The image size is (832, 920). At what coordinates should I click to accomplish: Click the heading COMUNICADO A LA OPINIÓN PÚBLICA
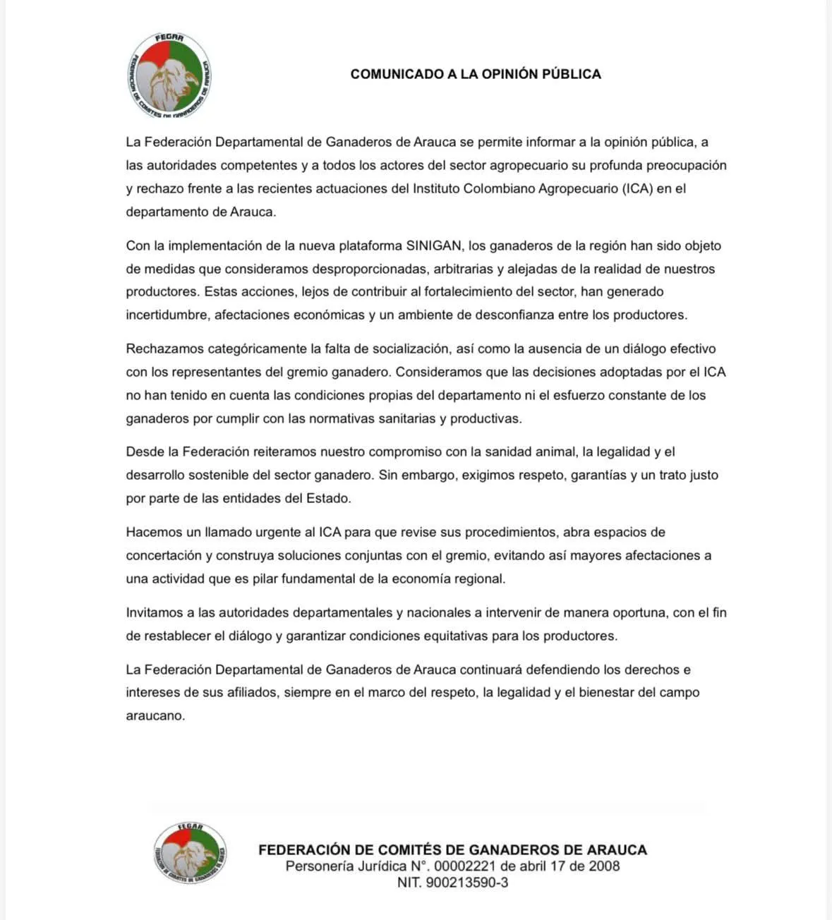tap(476, 74)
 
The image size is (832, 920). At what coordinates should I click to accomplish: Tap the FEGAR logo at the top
tap(169, 75)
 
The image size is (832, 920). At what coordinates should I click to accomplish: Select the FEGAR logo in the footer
tap(189, 853)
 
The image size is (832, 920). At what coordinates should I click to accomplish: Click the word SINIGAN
tap(433, 246)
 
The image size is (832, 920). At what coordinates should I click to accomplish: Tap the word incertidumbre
tap(167, 315)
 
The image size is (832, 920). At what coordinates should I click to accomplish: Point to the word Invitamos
tap(154, 612)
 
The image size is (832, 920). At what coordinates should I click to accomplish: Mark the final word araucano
tap(155, 715)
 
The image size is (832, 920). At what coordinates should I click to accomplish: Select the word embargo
tap(430, 475)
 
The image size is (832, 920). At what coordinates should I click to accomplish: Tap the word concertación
tap(164, 555)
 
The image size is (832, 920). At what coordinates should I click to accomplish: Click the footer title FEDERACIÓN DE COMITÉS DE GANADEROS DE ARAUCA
tap(452, 849)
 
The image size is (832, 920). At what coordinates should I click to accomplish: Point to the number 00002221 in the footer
tap(464, 866)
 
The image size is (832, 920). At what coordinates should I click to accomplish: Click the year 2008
tap(604, 866)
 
